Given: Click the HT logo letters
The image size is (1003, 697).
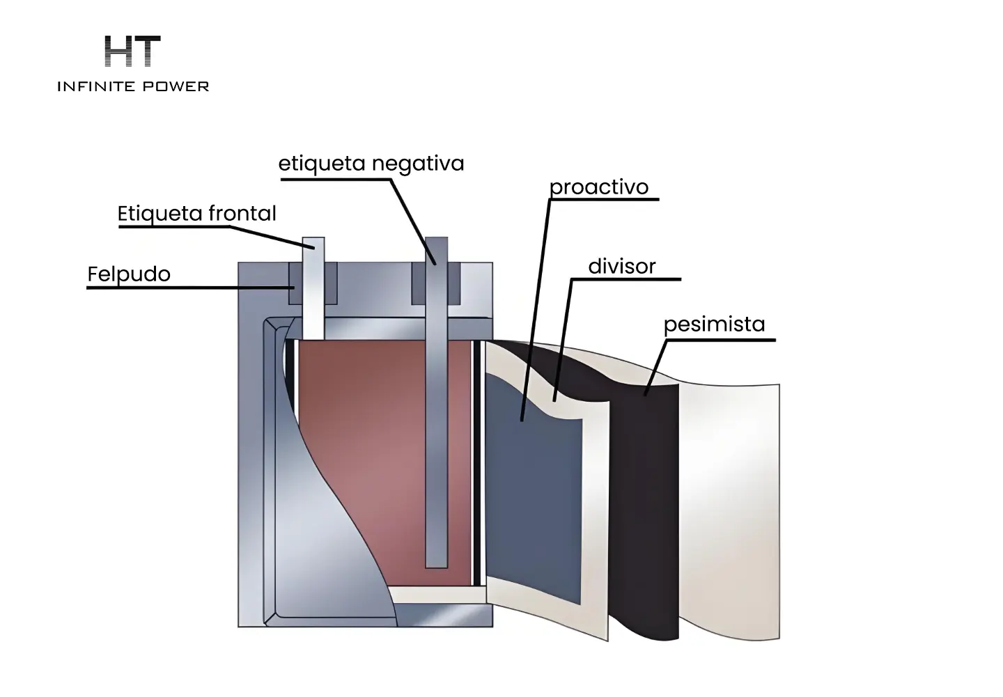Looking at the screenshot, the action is (x=132, y=51).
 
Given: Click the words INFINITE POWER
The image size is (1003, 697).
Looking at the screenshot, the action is (x=133, y=86).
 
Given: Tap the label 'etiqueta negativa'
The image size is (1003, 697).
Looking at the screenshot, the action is (x=371, y=164).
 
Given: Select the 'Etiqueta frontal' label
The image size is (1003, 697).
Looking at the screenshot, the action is (x=196, y=214).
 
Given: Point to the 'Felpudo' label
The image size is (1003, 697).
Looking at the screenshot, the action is (x=129, y=274).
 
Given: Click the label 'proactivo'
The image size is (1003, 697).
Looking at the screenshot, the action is (x=599, y=188).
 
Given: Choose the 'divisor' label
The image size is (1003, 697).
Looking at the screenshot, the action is (x=622, y=267).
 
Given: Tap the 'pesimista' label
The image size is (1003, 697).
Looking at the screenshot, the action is (x=714, y=324).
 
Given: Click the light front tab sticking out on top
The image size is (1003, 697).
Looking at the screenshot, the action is (x=313, y=288).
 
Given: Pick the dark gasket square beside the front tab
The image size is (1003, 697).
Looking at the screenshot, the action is (x=295, y=283).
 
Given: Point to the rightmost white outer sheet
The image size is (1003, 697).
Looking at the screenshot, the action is (x=730, y=510).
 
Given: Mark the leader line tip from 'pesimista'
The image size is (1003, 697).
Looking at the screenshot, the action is (x=645, y=395).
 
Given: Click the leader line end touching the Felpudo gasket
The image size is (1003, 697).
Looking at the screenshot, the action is (x=294, y=288).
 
